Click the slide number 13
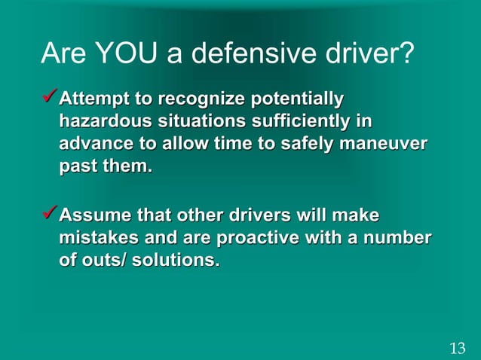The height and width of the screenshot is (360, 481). coord(457,348)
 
